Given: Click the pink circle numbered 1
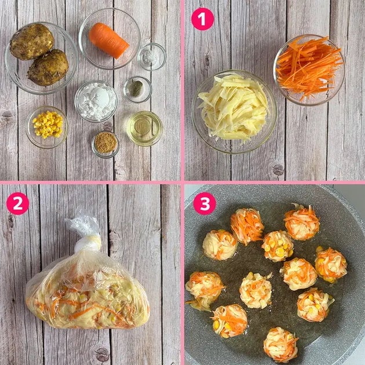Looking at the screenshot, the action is click(x=202, y=19).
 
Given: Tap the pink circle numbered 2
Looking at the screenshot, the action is click(x=18, y=203).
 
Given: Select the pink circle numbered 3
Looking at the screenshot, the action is click(x=205, y=203).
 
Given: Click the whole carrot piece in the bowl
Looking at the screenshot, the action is click(x=109, y=41).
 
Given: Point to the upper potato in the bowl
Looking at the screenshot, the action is click(x=32, y=42).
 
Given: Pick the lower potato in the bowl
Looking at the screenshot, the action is click(x=48, y=68).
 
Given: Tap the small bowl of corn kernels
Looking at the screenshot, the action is click(x=47, y=127).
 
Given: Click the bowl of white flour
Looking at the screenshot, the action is click(x=96, y=101).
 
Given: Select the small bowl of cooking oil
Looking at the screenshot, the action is click(x=145, y=128).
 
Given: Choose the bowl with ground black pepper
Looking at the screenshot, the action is click(x=137, y=89).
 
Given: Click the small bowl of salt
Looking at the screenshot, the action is click(x=152, y=57).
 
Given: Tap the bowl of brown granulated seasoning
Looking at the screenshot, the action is click(x=105, y=145).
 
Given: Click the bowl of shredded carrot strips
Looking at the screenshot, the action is click(x=309, y=70).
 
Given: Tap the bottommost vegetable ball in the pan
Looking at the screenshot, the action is click(x=280, y=345).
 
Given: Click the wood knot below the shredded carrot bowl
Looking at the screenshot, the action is click(x=278, y=169).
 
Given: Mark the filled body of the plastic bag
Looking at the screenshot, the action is click(x=87, y=293).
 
